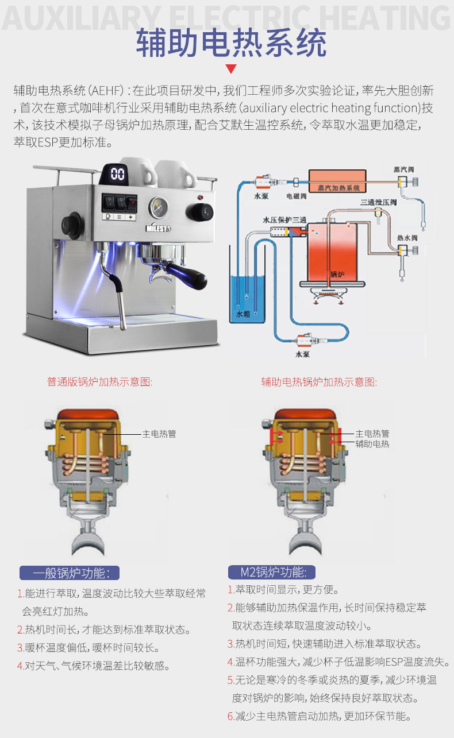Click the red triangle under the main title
point(231,69)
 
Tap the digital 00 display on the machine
point(118,173)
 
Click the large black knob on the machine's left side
point(74,222)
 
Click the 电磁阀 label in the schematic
point(297,196)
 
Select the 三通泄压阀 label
point(376,202)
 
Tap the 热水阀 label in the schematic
point(406,237)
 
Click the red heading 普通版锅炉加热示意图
point(100,382)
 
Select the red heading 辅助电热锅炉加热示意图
point(319,382)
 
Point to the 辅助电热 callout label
point(372,444)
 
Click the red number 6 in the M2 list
point(230,716)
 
